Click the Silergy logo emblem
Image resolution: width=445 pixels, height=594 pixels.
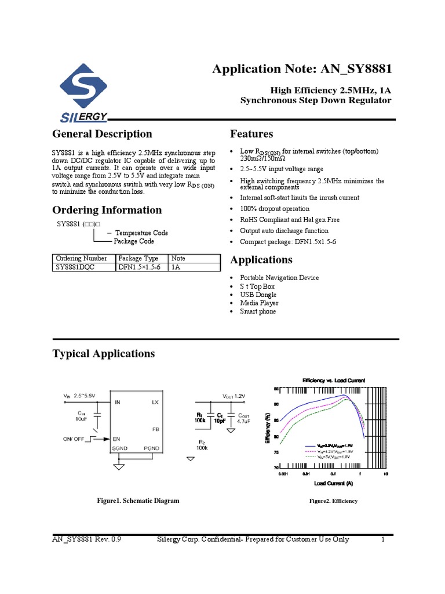coord(83,93)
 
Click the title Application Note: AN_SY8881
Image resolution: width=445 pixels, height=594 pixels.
coord(302,69)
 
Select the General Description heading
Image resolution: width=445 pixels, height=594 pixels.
coord(102,134)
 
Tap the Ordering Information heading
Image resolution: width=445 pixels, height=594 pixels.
coord(107,210)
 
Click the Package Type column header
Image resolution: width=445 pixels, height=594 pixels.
coord(138,258)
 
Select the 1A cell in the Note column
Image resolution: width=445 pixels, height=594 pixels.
coord(176,267)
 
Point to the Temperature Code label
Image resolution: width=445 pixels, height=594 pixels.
coord(141,233)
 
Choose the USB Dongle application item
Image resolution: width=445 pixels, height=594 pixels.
coord(258,295)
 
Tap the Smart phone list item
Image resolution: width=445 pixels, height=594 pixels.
coord(258,312)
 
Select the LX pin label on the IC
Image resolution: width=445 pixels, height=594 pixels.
coord(155,402)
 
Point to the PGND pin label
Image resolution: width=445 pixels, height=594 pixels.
coord(152,448)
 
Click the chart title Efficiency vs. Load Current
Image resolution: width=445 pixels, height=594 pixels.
coord(333,380)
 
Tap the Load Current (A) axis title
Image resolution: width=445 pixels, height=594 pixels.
coord(334,483)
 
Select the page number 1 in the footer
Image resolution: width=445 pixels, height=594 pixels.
coord(383,540)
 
